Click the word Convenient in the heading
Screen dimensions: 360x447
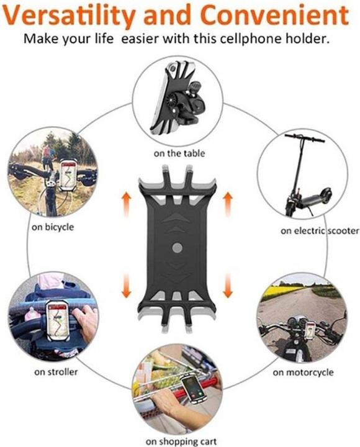pyautogui.click(x=275, y=14)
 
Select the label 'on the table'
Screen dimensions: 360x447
pyautogui.click(x=179, y=153)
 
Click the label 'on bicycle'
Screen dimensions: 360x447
pyautogui.click(x=53, y=227)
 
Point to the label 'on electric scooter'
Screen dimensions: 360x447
pyautogui.click(x=320, y=230)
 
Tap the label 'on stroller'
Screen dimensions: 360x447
pyautogui.click(x=56, y=372)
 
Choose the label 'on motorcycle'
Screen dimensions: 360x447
pyautogui.click(x=303, y=372)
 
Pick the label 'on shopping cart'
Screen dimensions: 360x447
pyautogui.click(x=181, y=441)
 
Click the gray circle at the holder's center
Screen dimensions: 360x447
pyautogui.click(x=178, y=248)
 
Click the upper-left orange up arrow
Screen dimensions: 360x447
pyautogui.click(x=127, y=204)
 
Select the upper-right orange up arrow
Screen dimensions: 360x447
pyautogui.click(x=228, y=204)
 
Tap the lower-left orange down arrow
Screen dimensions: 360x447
pyautogui.click(x=127, y=285)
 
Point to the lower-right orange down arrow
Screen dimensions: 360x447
pyautogui.click(x=228, y=285)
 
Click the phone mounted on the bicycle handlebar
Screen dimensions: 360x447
pyautogui.click(x=68, y=175)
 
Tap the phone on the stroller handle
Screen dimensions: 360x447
pyautogui.click(x=58, y=320)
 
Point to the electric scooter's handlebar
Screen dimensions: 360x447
pyautogui.click(x=304, y=138)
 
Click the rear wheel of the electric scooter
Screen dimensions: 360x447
pyautogui.click(x=326, y=194)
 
